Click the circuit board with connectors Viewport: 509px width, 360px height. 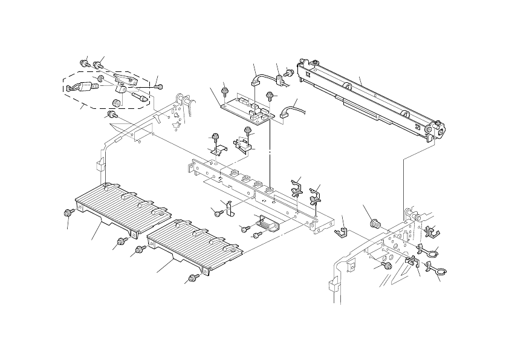[245, 106]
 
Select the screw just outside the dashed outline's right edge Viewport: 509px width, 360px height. [158, 87]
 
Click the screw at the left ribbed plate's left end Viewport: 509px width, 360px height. [68, 212]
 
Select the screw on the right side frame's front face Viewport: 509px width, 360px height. [387, 265]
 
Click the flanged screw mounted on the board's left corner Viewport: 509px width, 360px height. [225, 91]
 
